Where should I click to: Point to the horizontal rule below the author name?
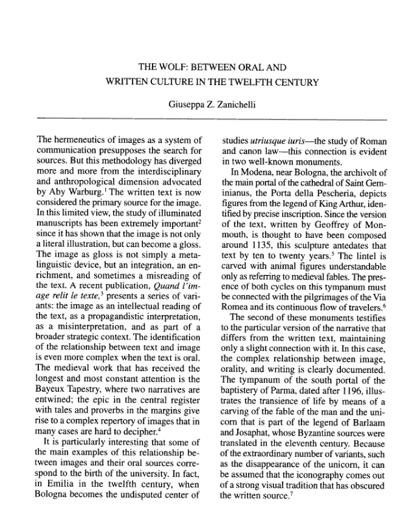click(x=208, y=118)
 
